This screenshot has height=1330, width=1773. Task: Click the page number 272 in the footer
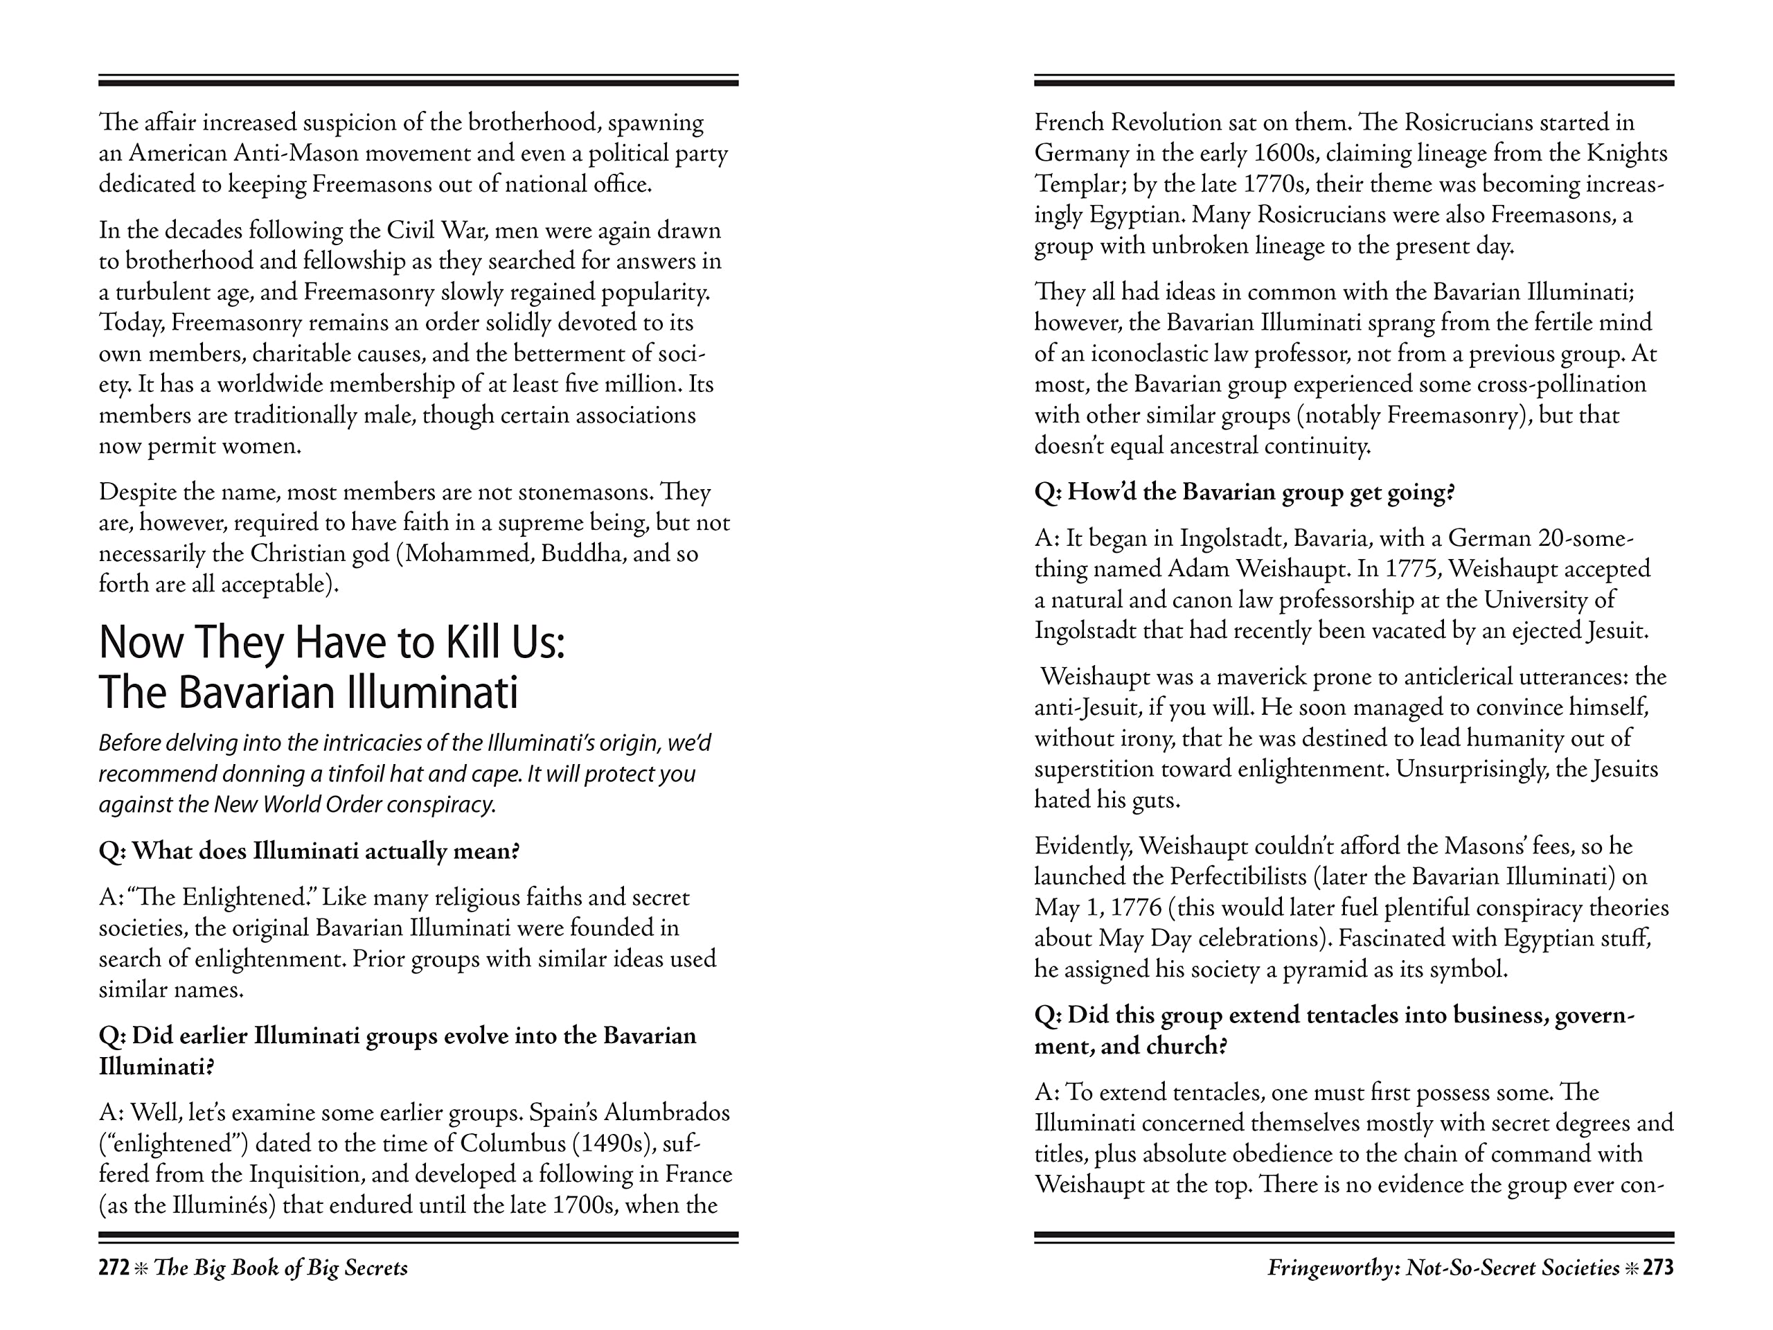coord(114,1268)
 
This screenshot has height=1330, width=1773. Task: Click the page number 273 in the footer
coord(1657,1268)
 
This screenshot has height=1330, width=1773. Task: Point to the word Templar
coord(1071,184)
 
